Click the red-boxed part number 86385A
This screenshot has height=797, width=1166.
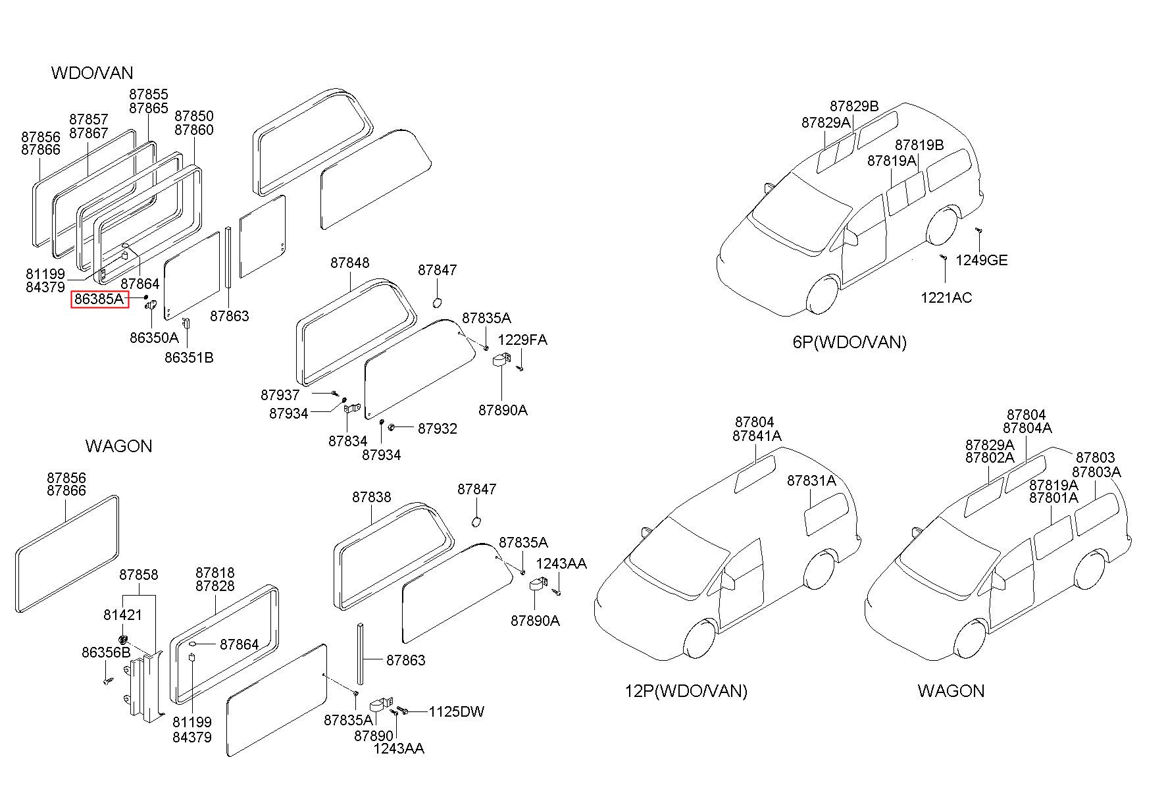click(x=99, y=299)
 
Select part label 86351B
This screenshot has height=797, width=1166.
click(x=189, y=358)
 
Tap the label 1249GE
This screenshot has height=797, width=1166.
click(x=981, y=260)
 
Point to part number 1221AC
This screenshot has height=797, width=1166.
click(x=946, y=297)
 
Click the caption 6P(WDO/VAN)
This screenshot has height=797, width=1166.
click(x=849, y=342)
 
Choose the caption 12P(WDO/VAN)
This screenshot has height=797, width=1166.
click(x=686, y=691)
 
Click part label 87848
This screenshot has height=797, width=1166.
click(x=350, y=263)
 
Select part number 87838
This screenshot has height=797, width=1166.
click(x=371, y=497)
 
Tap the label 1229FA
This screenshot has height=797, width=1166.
click(x=522, y=340)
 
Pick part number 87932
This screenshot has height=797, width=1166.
click(x=438, y=428)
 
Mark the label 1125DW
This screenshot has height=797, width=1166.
click(x=457, y=711)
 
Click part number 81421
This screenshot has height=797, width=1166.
click(x=122, y=615)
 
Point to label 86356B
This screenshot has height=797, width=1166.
click(x=106, y=652)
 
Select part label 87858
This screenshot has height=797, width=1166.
click(x=139, y=575)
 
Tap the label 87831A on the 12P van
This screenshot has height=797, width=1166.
click(x=811, y=481)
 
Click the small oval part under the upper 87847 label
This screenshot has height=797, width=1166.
click(x=436, y=302)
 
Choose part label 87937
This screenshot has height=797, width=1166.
click(x=280, y=395)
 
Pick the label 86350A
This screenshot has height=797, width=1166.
click(x=154, y=338)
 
